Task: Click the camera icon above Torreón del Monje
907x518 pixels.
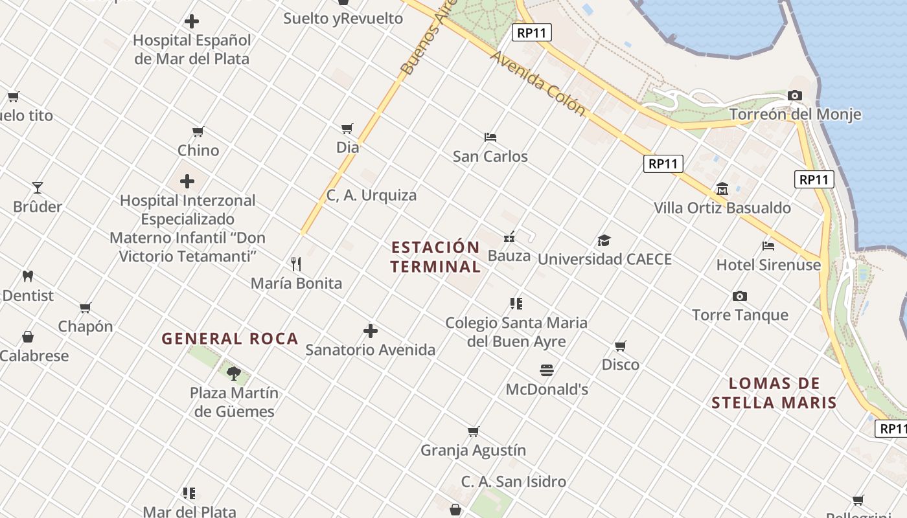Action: click(x=795, y=96)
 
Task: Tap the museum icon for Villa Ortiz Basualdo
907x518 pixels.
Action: click(x=722, y=188)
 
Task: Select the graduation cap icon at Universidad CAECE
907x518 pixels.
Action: click(x=604, y=241)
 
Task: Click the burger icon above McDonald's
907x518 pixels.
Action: click(x=547, y=370)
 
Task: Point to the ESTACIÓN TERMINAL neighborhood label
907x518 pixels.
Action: click(x=435, y=257)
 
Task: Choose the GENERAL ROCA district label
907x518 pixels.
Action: click(x=229, y=339)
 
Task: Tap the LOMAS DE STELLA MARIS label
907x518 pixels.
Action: click(x=774, y=393)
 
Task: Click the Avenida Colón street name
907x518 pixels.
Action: click(x=538, y=84)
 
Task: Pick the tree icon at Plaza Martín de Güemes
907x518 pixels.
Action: click(x=234, y=373)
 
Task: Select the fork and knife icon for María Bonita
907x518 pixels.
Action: click(x=296, y=264)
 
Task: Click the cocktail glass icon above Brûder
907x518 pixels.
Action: click(x=38, y=188)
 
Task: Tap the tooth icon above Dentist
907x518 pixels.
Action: click(x=27, y=276)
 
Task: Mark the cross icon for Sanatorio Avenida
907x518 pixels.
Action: click(x=371, y=331)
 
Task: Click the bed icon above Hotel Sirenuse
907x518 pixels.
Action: click(x=768, y=246)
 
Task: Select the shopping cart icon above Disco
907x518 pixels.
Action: click(x=620, y=346)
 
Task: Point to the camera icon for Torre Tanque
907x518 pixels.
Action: click(x=740, y=297)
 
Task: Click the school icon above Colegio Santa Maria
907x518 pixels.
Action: click(x=516, y=303)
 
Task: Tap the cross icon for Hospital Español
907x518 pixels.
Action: click(x=192, y=21)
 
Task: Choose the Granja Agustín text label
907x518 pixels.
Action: click(x=473, y=450)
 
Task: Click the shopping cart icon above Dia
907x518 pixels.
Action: click(x=347, y=128)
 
